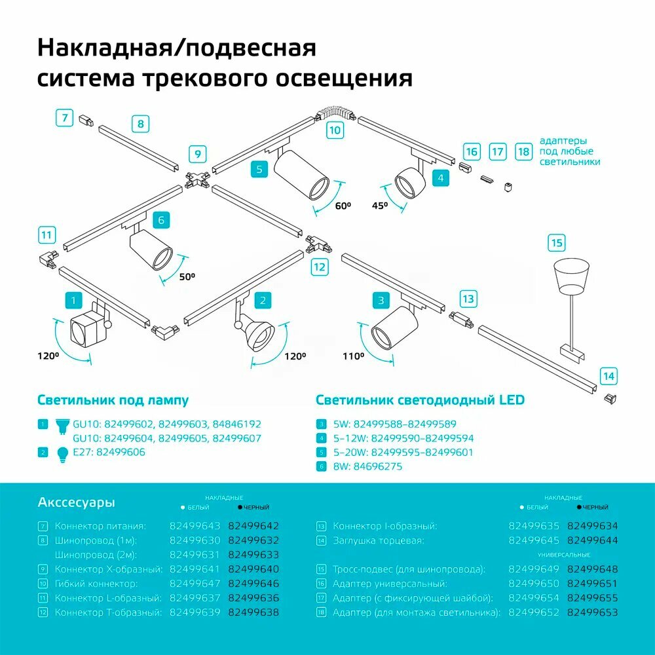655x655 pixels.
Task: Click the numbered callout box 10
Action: [335, 130]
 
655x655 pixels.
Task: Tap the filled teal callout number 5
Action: [259, 170]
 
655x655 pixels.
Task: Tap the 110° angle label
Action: [353, 356]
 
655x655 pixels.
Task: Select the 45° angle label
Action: [379, 205]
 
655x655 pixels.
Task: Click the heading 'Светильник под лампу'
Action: [113, 400]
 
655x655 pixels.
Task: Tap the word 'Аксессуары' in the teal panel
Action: [77, 502]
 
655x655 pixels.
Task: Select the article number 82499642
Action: [253, 526]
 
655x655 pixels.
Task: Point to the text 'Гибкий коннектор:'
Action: [96, 584]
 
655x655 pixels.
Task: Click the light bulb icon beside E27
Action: [63, 453]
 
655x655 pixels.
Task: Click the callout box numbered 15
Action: [556, 243]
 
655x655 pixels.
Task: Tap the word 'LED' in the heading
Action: [512, 400]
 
